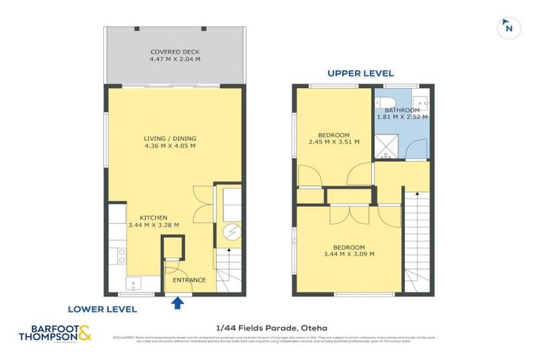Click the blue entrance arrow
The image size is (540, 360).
click(x=177, y=302)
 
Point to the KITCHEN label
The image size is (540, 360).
click(x=153, y=217)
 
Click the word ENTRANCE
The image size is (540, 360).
click(x=190, y=280)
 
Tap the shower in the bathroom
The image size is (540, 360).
click(x=388, y=145)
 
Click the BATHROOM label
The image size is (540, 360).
click(x=402, y=110)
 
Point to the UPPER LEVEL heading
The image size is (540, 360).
click(x=361, y=73)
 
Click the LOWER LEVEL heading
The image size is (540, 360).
click(x=102, y=309)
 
